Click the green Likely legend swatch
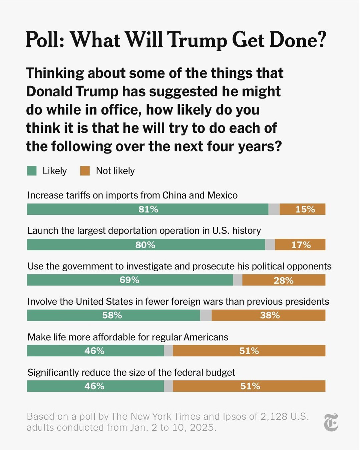(32, 171)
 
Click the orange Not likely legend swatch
(85, 171)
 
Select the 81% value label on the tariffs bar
(148, 209)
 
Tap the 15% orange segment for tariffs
(305, 209)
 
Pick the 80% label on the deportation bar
(145, 245)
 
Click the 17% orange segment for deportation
(301, 245)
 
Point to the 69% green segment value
(129, 280)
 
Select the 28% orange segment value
(283, 280)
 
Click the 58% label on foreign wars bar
(112, 315)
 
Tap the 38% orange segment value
(270, 315)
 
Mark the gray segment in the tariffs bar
(274, 209)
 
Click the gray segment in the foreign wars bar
(206, 315)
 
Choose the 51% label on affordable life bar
(249, 351)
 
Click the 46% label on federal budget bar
(94, 386)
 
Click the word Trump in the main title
(197, 40)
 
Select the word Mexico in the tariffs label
(222, 195)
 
